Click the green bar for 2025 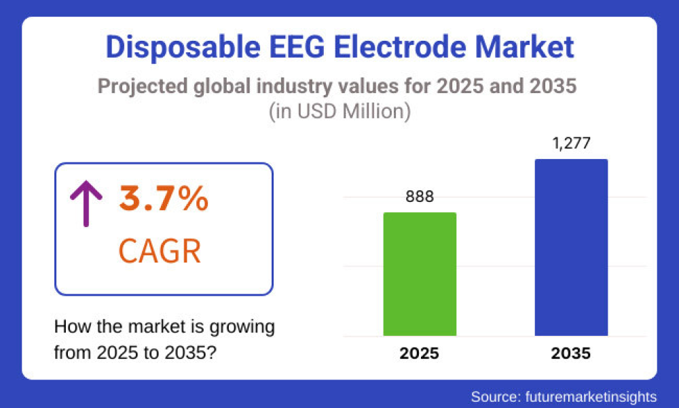(420, 274)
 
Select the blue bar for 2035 (571, 248)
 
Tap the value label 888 (420, 197)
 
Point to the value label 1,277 (571, 143)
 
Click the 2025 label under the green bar (420, 354)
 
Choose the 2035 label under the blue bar (571, 354)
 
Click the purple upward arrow (86, 203)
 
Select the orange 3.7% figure (164, 199)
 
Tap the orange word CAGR (160, 251)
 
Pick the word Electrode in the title (403, 48)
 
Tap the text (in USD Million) (339, 111)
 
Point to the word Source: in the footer (494, 396)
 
